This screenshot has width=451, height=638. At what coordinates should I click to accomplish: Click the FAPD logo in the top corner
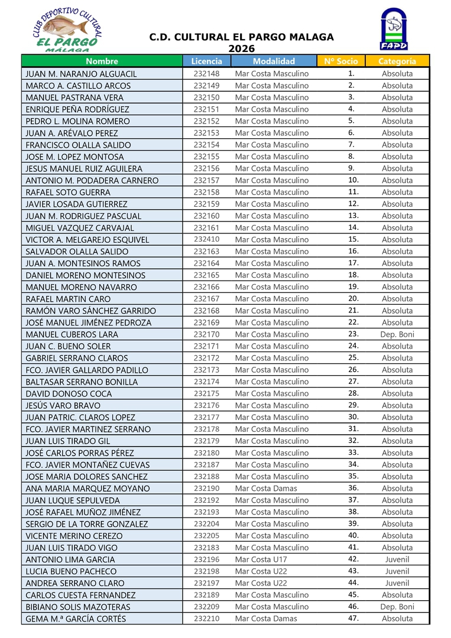click(x=394, y=29)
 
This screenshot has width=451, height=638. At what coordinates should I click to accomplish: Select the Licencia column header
click(x=206, y=61)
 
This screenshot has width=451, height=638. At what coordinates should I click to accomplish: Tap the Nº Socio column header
click(x=338, y=61)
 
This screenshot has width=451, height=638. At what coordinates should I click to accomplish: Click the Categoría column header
click(x=397, y=61)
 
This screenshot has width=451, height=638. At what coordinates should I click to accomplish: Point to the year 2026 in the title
click(x=241, y=48)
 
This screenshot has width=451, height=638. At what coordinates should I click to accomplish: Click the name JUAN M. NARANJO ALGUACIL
click(x=82, y=74)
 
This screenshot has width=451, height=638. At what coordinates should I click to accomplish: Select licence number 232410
click(x=206, y=239)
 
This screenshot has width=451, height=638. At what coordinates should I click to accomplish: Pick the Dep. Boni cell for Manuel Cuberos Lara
click(x=397, y=334)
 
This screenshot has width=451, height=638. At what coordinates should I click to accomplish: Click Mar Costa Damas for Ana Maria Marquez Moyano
click(x=266, y=489)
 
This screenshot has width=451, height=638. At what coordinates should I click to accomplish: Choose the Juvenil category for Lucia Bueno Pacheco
click(x=397, y=571)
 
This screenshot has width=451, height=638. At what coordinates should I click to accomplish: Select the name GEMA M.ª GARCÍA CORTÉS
click(x=76, y=619)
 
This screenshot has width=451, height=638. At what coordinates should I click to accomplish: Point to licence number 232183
click(x=206, y=548)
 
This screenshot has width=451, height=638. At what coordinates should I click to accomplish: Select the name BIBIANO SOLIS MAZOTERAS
click(x=78, y=607)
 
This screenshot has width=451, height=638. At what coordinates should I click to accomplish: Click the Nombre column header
click(x=102, y=61)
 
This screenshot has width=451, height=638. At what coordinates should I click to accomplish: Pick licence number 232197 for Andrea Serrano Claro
click(x=206, y=583)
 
